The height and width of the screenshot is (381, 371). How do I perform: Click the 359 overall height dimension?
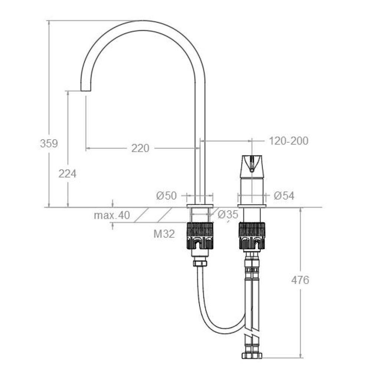(x=49, y=143)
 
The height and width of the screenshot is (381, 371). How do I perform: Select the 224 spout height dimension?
(x=67, y=173)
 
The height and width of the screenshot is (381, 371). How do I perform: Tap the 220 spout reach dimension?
(x=140, y=148)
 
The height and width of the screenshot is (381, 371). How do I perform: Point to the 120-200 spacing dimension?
(x=289, y=141)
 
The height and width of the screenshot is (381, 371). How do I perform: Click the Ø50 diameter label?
(x=167, y=196)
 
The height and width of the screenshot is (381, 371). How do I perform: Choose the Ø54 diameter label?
(x=284, y=196)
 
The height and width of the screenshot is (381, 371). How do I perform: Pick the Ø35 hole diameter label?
(x=228, y=214)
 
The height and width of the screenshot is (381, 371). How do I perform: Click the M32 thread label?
(x=164, y=234)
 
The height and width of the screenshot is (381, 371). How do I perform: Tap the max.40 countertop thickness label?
(x=112, y=215)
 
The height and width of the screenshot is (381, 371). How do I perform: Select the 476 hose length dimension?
(x=300, y=280)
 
